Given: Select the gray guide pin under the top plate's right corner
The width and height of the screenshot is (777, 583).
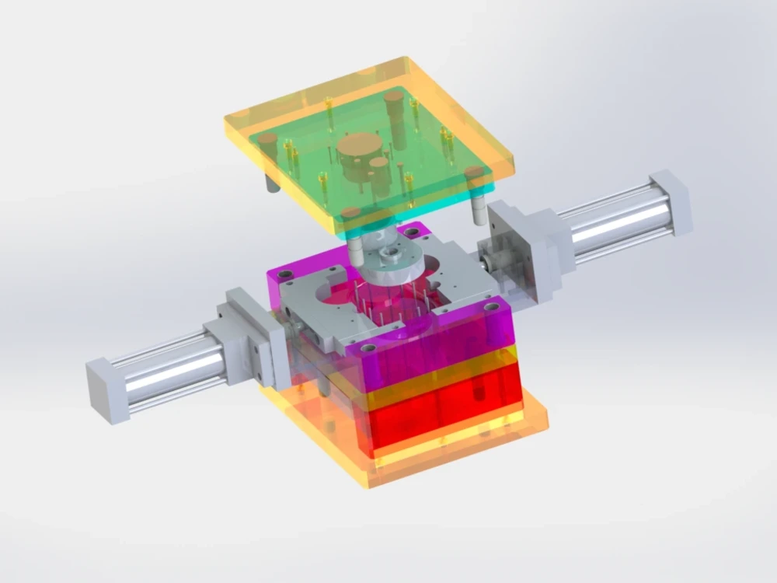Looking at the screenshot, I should pyautogui.click(x=475, y=209).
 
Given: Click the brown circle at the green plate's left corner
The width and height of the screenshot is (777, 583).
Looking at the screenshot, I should pyautogui.click(x=268, y=138).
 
